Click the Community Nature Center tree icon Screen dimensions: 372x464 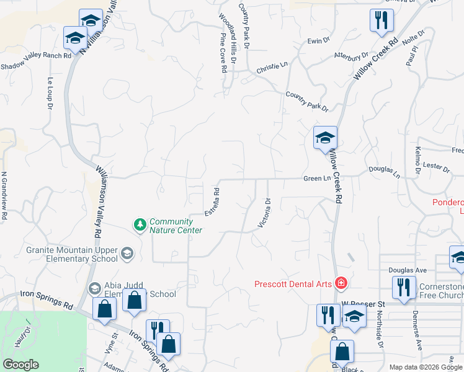pyautogui.click(x=141, y=223)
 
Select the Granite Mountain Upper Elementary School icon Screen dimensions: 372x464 pyautogui.click(x=127, y=252)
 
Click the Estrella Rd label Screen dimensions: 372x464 pyautogui.click(x=213, y=201)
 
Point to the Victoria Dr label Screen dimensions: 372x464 pyautogui.click(x=264, y=213)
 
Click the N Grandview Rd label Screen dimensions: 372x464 pyautogui.click(x=4, y=196)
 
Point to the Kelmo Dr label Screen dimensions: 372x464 pyautogui.click(x=417, y=160)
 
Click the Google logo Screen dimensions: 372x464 pyautogui.click(x=20, y=364)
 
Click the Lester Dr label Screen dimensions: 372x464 pyautogui.click(x=437, y=166)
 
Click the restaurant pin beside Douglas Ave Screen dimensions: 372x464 pyautogui.click(x=403, y=288)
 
